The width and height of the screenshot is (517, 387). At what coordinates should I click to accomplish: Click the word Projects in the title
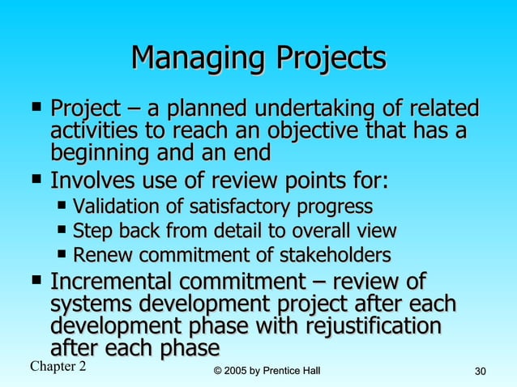pos(331,58)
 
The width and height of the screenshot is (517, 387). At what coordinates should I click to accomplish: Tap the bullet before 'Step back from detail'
pos(62,230)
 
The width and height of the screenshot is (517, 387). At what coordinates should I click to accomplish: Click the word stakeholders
pos(335,256)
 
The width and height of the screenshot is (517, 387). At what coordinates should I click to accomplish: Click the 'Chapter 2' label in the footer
pos(58,367)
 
